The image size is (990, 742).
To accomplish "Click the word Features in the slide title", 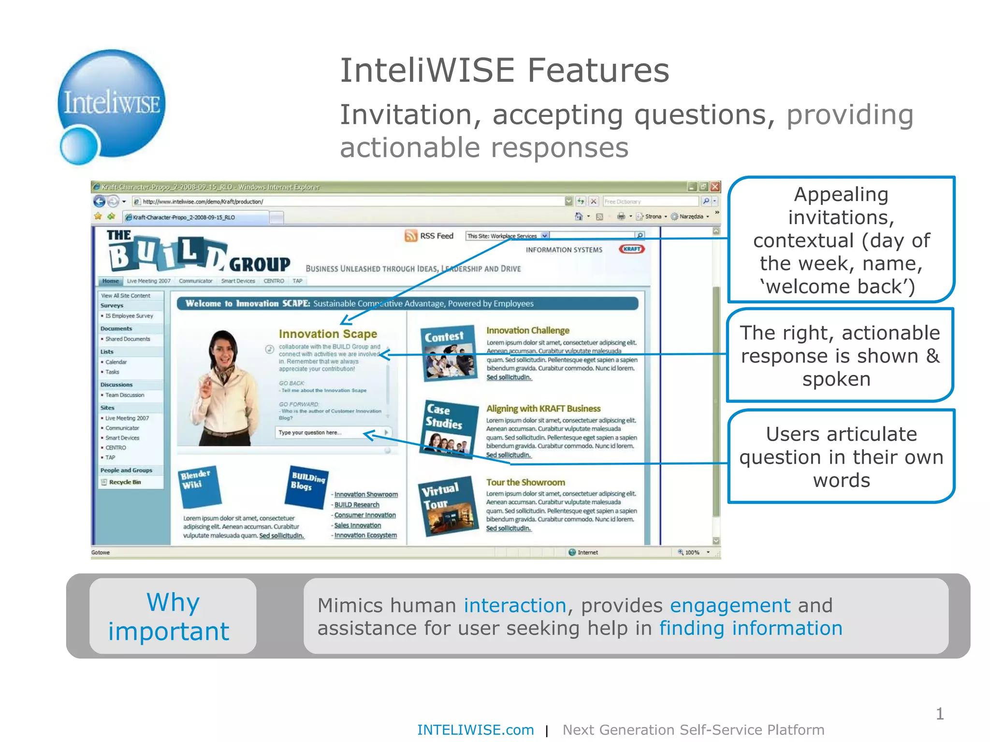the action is pyautogui.click(x=598, y=71).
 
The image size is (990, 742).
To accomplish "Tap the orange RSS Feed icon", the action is pyautogui.click(x=411, y=236).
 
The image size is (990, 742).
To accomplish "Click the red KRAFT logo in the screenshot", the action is pyautogui.click(x=632, y=249).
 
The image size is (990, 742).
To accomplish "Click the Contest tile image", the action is pyautogui.click(x=447, y=353).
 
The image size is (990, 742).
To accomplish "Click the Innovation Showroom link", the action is pyautogui.click(x=366, y=495).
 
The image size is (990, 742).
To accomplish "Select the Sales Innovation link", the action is pyautogui.click(x=358, y=526).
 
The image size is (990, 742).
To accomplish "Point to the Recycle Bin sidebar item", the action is pyautogui.click(x=125, y=482).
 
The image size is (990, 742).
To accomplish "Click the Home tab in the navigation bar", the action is pyautogui.click(x=111, y=281).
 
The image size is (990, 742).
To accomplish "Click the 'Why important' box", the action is pyautogui.click(x=173, y=616).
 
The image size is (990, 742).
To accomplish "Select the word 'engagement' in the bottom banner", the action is pyautogui.click(x=730, y=605).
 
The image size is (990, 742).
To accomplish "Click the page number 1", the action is pyautogui.click(x=940, y=714).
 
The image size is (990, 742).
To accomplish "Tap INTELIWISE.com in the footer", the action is pyautogui.click(x=475, y=730).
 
